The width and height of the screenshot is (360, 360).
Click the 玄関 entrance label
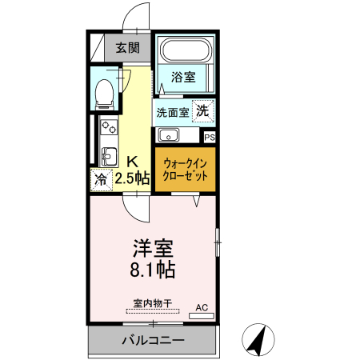pos(127,48)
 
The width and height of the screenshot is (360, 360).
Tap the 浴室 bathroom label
pos(184,78)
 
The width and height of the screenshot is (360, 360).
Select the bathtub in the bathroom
pos(185,52)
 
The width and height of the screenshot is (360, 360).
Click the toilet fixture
pos(104,93)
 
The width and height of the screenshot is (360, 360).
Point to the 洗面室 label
pos(172,112)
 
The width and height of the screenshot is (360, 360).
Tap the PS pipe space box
pos(209,138)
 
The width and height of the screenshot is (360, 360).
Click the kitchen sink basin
pos(107,154)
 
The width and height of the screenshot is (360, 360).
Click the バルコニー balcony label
pos(152,340)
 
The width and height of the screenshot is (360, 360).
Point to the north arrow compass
pos(258,339)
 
